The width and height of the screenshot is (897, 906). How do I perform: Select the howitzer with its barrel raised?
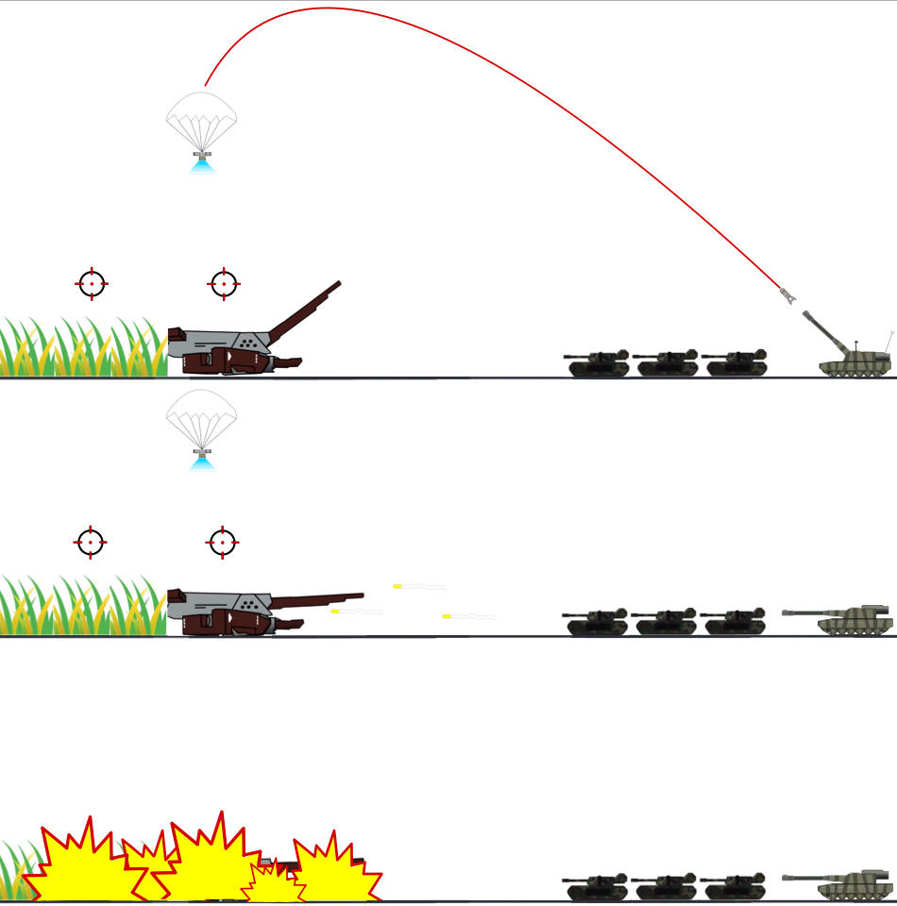pyautogui.click(x=855, y=357)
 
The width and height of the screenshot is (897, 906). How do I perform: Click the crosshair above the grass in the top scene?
pyautogui.click(x=92, y=283)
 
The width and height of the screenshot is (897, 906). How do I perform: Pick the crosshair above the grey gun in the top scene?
pyautogui.click(x=224, y=283)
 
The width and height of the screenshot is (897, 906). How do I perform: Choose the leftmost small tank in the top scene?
pyautogui.click(x=598, y=362)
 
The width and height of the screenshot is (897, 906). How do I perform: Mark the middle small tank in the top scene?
pyautogui.click(x=667, y=362)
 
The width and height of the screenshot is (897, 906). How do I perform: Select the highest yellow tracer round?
pyautogui.click(x=398, y=587)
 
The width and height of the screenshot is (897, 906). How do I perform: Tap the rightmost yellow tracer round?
pyautogui.click(x=447, y=616)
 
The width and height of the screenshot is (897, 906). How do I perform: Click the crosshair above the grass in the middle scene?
pyautogui.click(x=91, y=542)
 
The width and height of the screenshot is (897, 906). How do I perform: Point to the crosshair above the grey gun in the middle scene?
pyautogui.click(x=223, y=542)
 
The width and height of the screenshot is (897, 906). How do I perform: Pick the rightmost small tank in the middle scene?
pyautogui.click(x=734, y=622)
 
